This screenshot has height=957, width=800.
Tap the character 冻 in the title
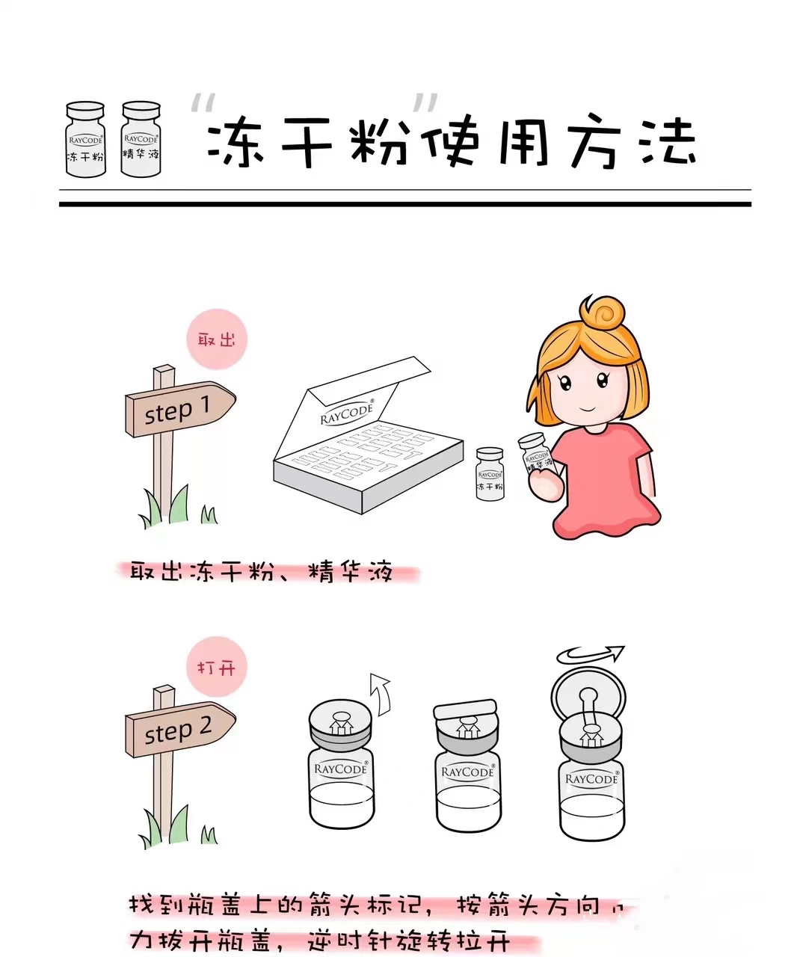[232, 142]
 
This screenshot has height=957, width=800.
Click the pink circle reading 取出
[216, 339]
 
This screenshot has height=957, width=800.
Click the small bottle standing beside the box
[490, 474]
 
